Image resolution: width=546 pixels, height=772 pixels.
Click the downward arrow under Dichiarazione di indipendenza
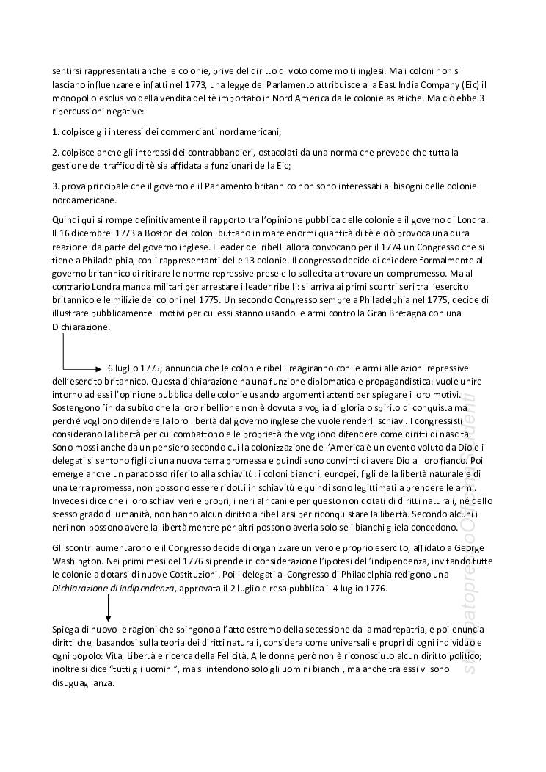[x=108, y=608]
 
